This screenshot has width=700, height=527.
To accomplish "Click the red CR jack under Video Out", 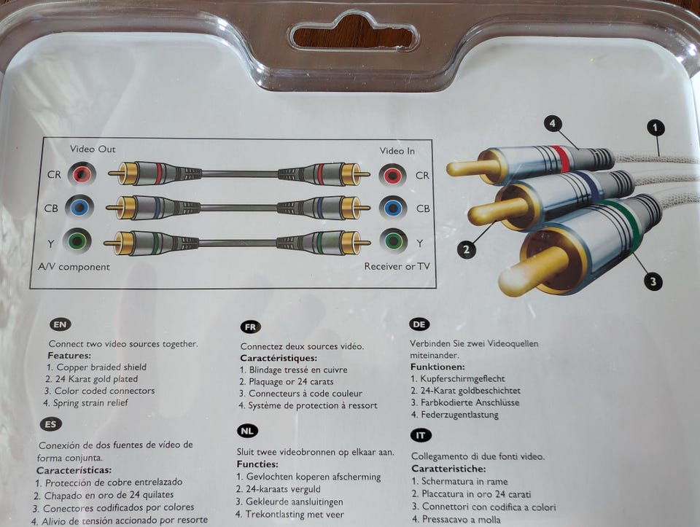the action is coord(82,173).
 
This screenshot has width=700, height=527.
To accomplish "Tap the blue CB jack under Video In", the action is coord(393,208).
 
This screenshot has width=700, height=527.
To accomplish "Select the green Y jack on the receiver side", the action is coord(393,241).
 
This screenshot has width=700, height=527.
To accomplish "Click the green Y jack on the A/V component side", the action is coord(77,241).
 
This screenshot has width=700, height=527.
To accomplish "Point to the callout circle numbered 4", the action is coord(553,124).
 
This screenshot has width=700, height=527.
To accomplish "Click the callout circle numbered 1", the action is coord(656,128).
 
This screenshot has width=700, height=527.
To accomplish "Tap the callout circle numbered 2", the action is coord(466,249).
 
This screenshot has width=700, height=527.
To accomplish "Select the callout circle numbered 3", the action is coord(653,281).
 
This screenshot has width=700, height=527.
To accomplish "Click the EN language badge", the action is coord(61,325).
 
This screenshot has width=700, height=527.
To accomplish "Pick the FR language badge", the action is coord(250,327).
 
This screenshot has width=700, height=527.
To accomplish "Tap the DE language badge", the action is coord(419,324).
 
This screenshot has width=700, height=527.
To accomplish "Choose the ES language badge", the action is coord(51,424).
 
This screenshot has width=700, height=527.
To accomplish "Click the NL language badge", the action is coord(247,431).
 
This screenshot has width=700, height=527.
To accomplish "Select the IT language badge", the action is coord(421,436).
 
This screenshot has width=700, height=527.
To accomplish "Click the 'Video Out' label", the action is coord(93,149).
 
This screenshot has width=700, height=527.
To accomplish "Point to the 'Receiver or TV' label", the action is coord(397,266).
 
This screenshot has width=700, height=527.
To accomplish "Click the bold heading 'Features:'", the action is coord(69,356).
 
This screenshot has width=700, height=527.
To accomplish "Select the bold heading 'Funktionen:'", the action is coord(437,367).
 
